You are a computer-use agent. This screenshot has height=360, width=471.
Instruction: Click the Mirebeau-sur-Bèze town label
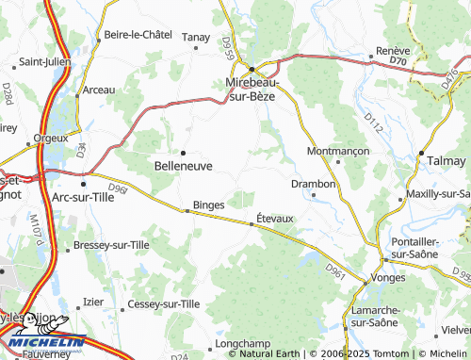(x=252, y=90)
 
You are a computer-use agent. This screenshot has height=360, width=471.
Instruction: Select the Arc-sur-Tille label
(x=87, y=197)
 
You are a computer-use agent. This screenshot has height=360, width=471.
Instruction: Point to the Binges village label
(x=208, y=204)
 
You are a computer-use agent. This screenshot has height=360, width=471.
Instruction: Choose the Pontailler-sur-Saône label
(x=417, y=248)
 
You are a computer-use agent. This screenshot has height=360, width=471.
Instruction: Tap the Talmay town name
(x=441, y=161)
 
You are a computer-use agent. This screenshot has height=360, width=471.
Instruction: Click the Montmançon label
(x=337, y=151)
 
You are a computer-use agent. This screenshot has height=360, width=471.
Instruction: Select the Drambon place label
(x=313, y=183)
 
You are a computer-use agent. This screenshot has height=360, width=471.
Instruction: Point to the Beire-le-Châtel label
(x=138, y=34)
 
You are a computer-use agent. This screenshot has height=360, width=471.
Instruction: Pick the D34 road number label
(x=81, y=148)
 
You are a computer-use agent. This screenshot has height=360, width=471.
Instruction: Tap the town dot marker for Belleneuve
(x=183, y=151)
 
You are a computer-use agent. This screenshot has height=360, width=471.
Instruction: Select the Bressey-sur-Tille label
(x=115, y=246)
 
